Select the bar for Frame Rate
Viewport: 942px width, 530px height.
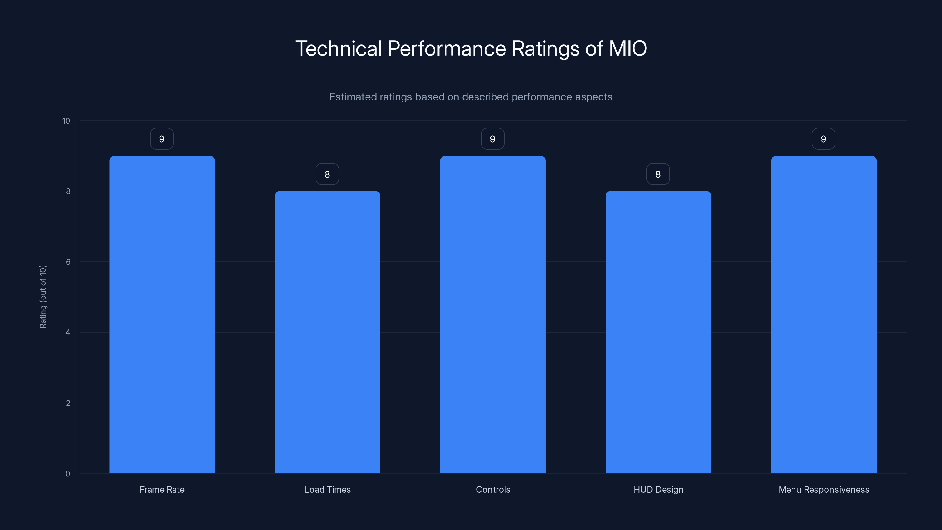coord(162,314)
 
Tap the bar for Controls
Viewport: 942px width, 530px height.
coord(492,314)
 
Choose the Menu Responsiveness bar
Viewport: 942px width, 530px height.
coord(824,314)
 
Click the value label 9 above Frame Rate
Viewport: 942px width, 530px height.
coord(162,139)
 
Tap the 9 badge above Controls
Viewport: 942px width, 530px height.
coord(492,139)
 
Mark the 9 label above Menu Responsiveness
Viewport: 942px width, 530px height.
coord(823,139)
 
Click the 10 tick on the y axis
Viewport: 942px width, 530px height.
coord(66,121)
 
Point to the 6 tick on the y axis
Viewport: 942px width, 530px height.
coord(68,262)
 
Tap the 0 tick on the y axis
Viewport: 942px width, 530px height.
coord(68,474)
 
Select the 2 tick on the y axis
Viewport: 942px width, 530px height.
coord(68,403)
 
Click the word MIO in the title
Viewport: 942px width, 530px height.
coord(628,49)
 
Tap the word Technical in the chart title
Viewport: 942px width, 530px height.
coord(338,49)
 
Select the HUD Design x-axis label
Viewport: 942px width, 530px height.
coord(658,489)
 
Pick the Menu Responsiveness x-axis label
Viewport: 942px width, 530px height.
coord(824,489)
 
